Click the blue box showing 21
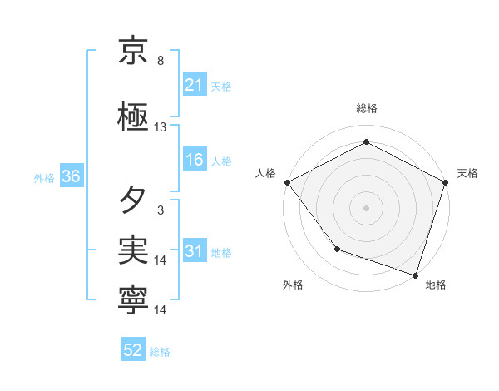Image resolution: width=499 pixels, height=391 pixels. (195, 85)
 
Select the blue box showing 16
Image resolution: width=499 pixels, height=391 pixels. (195, 161)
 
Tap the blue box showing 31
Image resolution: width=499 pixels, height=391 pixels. (195, 252)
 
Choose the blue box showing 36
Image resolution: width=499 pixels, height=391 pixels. (71, 177)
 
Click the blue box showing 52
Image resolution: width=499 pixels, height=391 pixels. (133, 351)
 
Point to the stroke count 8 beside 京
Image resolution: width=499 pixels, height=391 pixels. (161, 61)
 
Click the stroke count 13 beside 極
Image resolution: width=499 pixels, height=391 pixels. (161, 127)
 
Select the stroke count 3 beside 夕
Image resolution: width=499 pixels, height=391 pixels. (161, 210)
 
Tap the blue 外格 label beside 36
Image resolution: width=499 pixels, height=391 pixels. (44, 178)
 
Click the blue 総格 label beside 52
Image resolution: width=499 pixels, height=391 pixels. (160, 352)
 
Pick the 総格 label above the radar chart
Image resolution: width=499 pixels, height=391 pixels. (366, 108)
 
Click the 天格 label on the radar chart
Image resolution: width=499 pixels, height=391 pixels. (467, 173)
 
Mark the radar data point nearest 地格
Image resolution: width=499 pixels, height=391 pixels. (415, 274)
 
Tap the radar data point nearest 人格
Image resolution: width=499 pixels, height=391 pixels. (287, 181)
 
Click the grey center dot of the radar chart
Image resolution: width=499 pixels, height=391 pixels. (366, 207)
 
